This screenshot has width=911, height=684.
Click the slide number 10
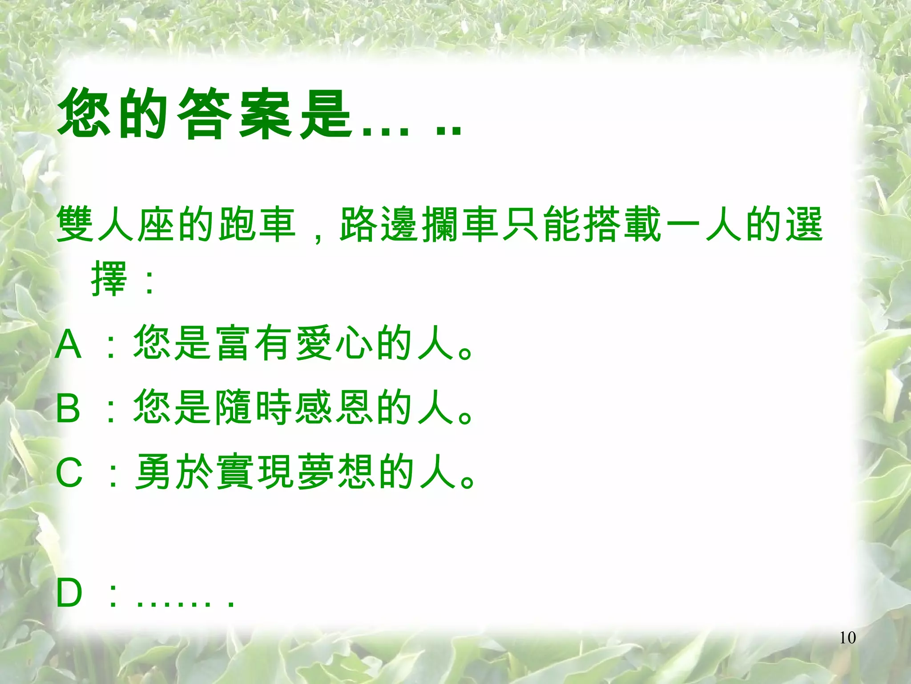pos(847,638)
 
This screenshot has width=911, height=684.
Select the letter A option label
pos(69,345)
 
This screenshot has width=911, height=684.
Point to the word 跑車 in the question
pos(258,224)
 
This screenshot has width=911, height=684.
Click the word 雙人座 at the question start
pos(116,224)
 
